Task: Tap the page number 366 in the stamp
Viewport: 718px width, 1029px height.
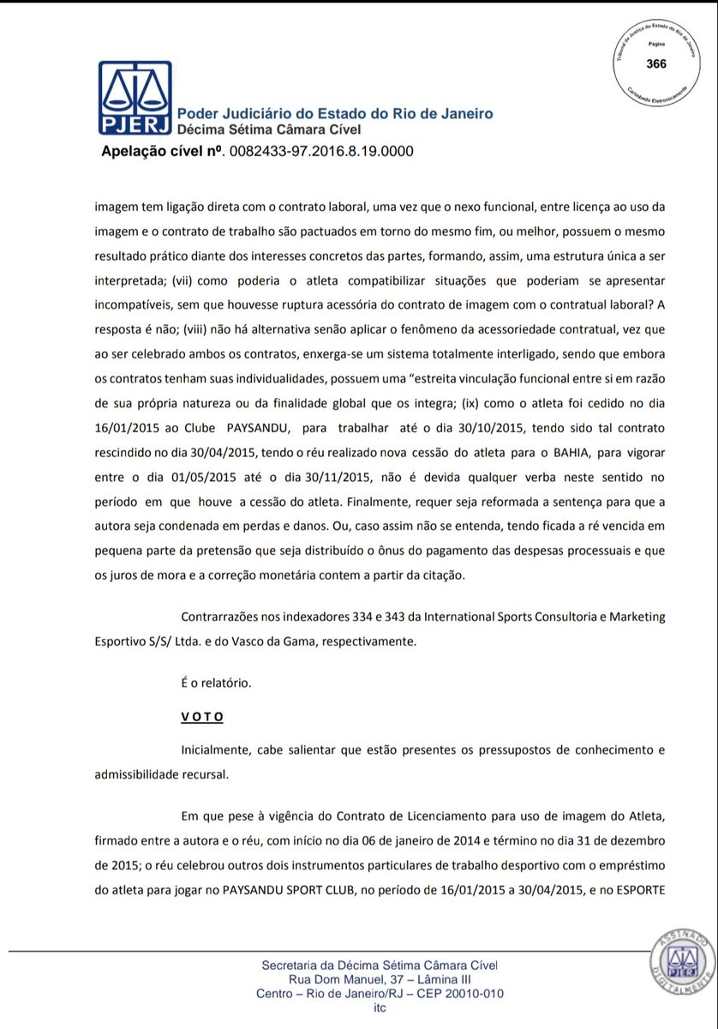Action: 655,64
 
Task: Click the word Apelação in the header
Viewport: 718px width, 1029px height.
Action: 136,153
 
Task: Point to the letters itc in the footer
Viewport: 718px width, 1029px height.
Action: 380,1008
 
